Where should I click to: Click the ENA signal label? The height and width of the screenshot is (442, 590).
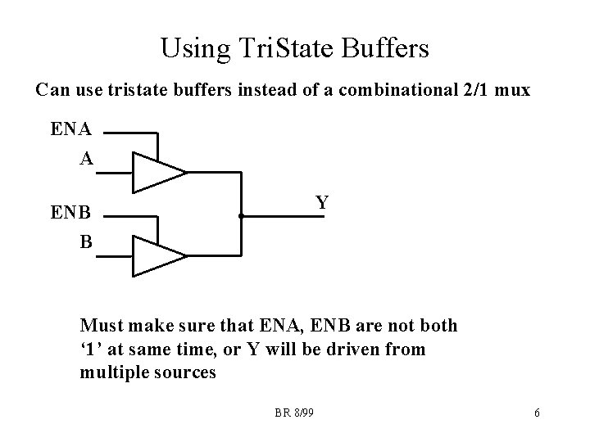(x=71, y=129)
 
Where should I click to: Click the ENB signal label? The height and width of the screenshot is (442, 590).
(x=71, y=214)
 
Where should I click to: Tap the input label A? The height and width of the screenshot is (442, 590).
(x=86, y=159)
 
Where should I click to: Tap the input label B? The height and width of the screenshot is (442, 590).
(x=85, y=242)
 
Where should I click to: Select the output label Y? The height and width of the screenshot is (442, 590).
(x=323, y=202)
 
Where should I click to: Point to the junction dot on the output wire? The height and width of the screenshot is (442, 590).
(x=241, y=216)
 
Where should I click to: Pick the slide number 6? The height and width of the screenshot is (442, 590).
(x=537, y=413)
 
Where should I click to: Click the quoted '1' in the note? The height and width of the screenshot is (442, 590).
(x=90, y=350)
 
